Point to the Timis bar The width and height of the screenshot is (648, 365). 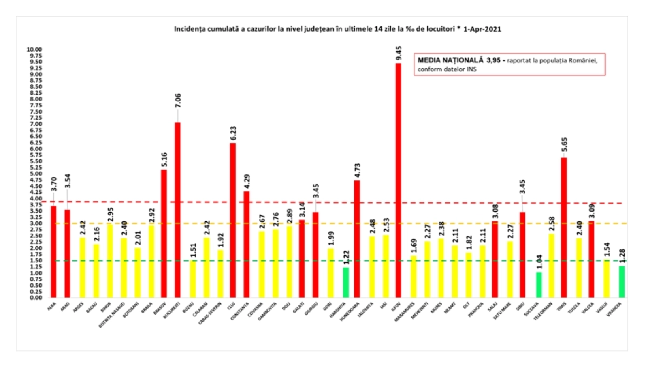pos(564,228)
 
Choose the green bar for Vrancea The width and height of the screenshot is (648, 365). pos(622,281)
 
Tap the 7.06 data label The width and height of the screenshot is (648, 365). pos(178,101)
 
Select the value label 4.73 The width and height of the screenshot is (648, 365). pos(357,170)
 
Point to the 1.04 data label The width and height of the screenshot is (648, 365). pos(539,262)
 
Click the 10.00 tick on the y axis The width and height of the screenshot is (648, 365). pos(34,49)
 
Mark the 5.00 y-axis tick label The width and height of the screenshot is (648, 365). pos(36,174)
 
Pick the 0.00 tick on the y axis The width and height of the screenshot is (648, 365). pos(36,298)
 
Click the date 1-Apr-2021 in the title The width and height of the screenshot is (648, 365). pos(482,29)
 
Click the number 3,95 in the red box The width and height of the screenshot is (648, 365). pos(494,60)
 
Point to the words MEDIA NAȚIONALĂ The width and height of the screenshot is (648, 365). pos(450,60)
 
